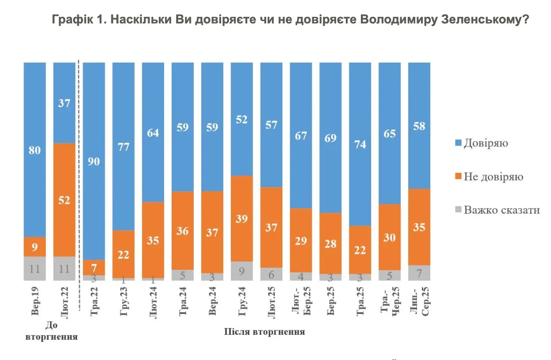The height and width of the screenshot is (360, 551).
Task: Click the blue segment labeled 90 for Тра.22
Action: pyautogui.click(x=94, y=161)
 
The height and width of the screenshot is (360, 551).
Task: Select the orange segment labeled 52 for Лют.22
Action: pyautogui.click(x=64, y=199)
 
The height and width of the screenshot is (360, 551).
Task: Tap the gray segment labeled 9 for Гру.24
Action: pyautogui.click(x=241, y=271)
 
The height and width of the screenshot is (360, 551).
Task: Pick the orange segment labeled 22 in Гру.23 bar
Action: pyautogui.click(x=123, y=254)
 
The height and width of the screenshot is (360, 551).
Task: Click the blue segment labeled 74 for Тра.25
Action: pyautogui.click(x=360, y=144)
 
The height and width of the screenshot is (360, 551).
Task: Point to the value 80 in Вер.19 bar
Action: pyautogui.click(x=34, y=150)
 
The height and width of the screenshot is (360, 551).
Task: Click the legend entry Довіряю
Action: pyautogui.click(x=486, y=144)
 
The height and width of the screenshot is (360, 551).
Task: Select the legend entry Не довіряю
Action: pyautogui.click(x=494, y=177)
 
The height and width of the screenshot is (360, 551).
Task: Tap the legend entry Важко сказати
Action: pyautogui.click(x=501, y=210)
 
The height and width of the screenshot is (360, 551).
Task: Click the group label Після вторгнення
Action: pyautogui.click(x=264, y=332)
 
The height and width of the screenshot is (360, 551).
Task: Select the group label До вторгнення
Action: pyautogui.click(x=52, y=331)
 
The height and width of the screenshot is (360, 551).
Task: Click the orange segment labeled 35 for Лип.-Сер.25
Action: pyautogui.click(x=419, y=227)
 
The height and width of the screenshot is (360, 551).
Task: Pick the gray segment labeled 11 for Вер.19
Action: pyautogui.click(x=34, y=268)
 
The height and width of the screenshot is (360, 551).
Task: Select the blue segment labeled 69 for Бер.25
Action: pyautogui.click(x=330, y=138)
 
